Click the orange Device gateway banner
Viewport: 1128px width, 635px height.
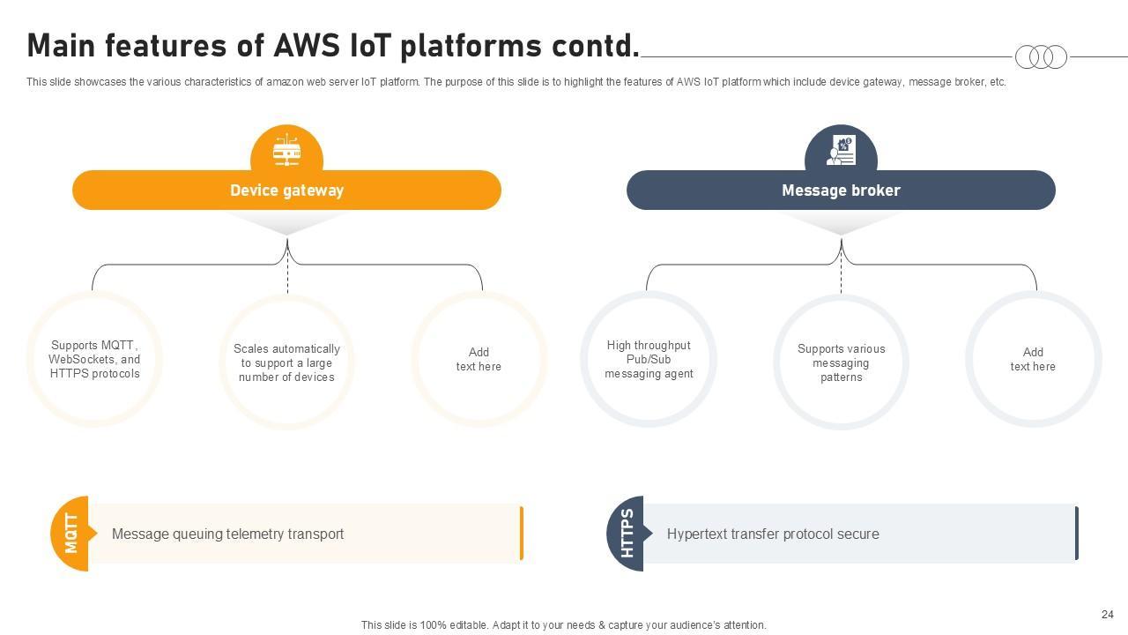point(286,190)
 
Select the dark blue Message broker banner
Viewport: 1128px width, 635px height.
point(841,190)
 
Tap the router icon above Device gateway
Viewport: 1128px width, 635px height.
point(286,150)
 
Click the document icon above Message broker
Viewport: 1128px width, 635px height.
point(841,150)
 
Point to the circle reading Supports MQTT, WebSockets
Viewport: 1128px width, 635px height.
point(94,360)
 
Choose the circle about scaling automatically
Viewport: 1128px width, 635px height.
point(286,362)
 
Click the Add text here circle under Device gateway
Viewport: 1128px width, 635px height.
point(479,359)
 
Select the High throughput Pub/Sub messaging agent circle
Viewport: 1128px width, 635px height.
point(649,360)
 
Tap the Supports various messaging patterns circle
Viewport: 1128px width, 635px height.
point(841,362)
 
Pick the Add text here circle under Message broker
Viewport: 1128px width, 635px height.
point(1033,359)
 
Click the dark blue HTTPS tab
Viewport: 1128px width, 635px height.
point(627,534)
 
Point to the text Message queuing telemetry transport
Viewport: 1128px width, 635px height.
point(227,534)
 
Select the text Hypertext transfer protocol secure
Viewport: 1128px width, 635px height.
point(773,534)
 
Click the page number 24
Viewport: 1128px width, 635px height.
point(1108,615)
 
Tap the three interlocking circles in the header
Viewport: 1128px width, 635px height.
point(1041,57)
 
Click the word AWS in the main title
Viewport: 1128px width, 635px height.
point(307,45)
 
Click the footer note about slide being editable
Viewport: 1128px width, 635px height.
point(563,624)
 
